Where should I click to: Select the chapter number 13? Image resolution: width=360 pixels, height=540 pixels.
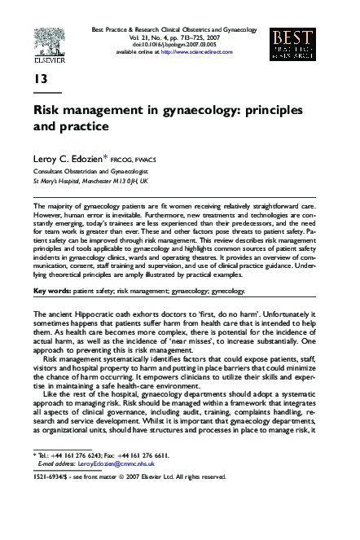click(40, 79)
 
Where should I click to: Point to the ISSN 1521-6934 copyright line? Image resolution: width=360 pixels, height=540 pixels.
click(130, 477)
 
